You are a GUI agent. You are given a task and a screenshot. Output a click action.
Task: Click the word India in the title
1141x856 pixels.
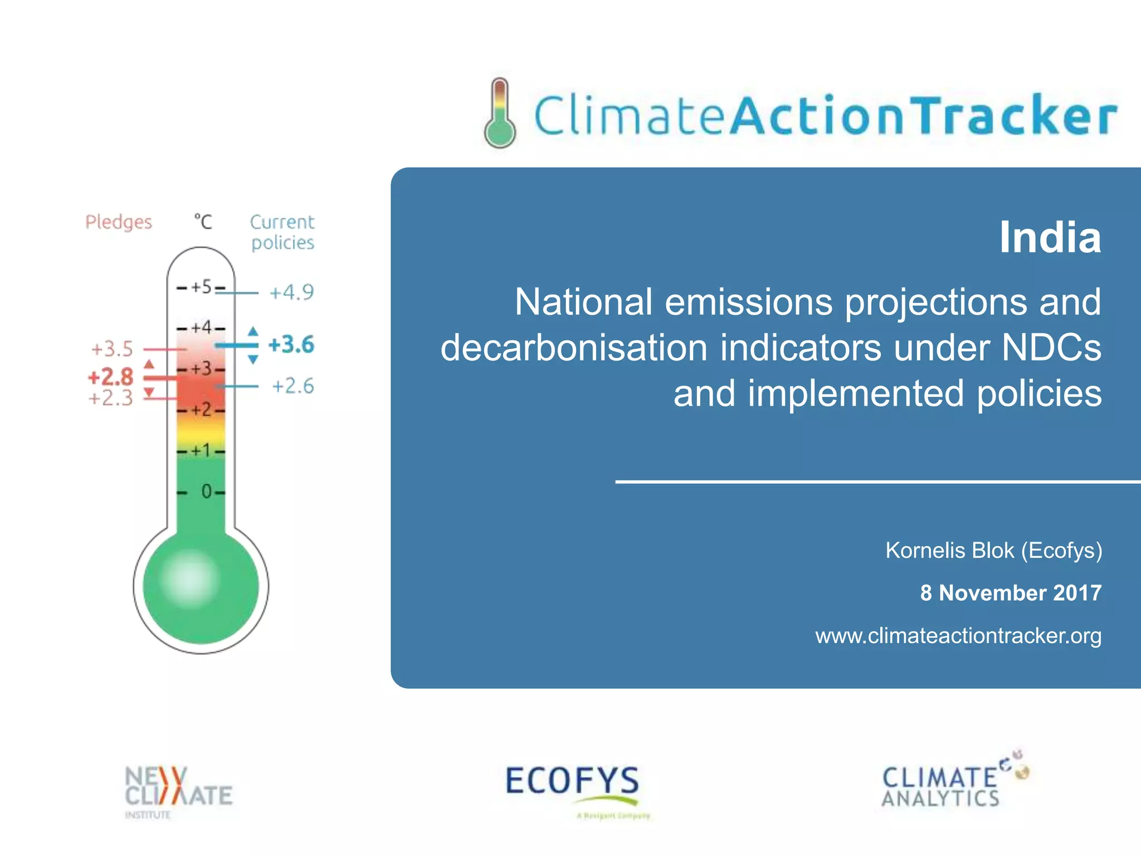[1050, 238]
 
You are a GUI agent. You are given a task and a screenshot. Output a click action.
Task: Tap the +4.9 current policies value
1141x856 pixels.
[291, 292]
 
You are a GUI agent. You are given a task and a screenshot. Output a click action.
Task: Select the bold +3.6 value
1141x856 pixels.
[291, 344]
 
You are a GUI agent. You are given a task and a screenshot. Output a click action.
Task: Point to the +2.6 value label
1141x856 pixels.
[292, 386]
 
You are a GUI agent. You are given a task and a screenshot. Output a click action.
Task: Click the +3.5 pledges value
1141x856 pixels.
[112, 349]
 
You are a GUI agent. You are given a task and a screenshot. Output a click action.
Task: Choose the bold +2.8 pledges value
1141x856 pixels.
[110, 377]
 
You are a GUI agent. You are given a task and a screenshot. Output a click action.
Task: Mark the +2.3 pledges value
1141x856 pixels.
[111, 398]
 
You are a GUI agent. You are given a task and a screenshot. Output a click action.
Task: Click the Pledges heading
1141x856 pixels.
[118, 222]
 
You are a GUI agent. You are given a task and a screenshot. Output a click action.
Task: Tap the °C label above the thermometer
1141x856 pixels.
[203, 222]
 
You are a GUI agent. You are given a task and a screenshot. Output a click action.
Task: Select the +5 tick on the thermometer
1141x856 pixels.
[201, 287]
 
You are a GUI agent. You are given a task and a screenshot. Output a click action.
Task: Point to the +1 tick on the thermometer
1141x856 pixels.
[201, 450]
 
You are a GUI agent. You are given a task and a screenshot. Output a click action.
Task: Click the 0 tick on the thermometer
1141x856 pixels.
[206, 492]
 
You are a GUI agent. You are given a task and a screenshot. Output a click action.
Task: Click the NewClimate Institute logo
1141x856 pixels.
[177, 789]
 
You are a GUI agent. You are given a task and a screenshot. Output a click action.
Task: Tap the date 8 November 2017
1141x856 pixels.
[1010, 593]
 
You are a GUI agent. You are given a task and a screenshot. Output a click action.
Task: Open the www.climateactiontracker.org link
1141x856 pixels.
[958, 636]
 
